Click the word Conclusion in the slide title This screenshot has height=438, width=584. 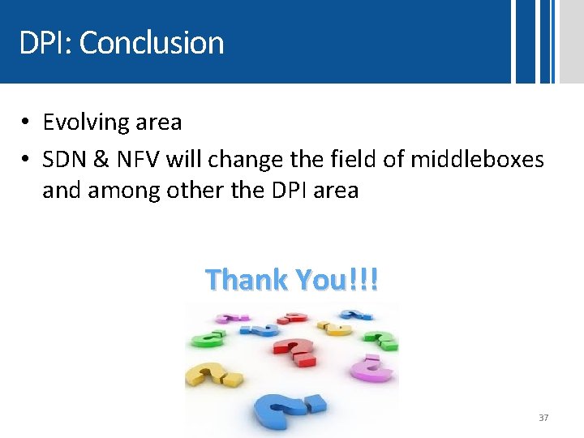pyautogui.click(x=152, y=42)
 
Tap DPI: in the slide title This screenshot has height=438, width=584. pyautogui.click(x=45, y=42)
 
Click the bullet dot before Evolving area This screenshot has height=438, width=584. pyautogui.click(x=26, y=122)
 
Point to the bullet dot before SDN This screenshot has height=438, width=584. pyautogui.click(x=26, y=159)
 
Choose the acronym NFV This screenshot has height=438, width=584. pyautogui.click(x=140, y=159)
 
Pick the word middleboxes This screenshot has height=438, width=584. pyautogui.click(x=477, y=159)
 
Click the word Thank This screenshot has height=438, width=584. pyautogui.click(x=247, y=280)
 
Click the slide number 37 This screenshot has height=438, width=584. pyautogui.click(x=543, y=418)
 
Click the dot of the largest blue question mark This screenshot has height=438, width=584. pyautogui.click(x=315, y=403)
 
